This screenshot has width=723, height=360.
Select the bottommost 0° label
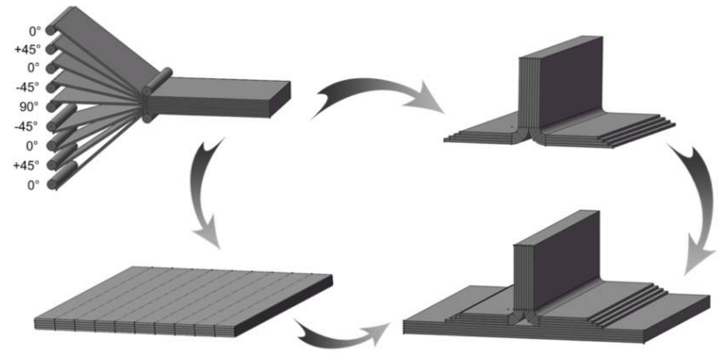[33, 184]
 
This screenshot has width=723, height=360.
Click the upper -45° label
[29, 86]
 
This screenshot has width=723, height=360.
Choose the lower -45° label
[29, 125]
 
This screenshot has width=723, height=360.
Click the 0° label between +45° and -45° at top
[33, 67]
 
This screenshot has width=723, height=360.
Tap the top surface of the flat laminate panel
[182, 296]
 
